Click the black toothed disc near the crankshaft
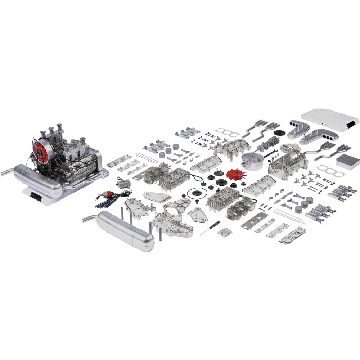click(278, 133)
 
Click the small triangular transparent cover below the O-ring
click(197, 215)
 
